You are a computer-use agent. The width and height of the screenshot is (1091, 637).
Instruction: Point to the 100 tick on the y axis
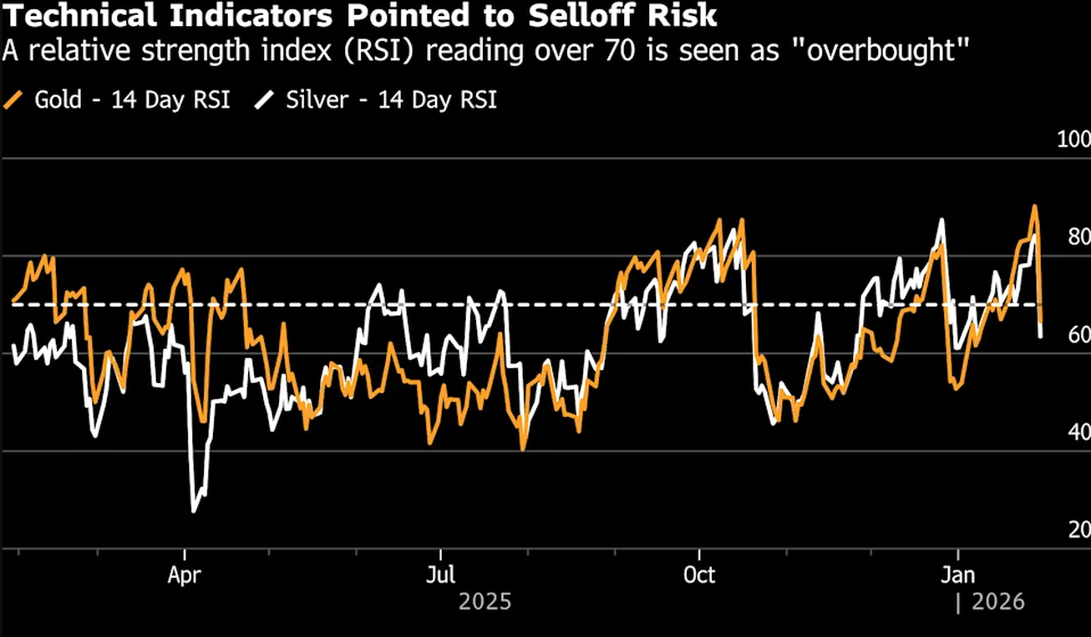1072,139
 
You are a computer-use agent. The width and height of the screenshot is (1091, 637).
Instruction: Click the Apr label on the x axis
184,576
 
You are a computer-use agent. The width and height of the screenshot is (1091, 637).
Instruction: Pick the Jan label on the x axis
957,576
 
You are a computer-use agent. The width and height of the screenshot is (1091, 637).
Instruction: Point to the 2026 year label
997,602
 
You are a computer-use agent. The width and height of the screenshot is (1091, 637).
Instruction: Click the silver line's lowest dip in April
194,511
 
